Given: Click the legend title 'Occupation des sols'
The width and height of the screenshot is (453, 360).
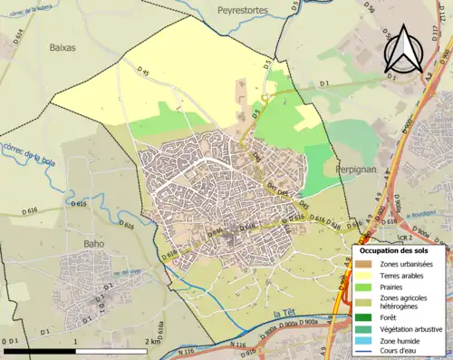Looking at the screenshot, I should pyautogui.click(x=400, y=249).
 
